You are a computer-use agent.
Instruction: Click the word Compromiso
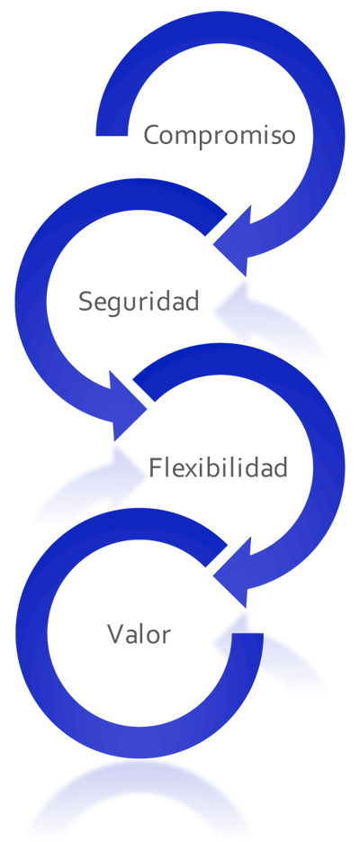coord(220,135)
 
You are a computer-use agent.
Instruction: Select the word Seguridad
coord(139,301)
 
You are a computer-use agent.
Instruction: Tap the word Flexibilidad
coord(218,467)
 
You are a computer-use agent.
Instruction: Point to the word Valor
coord(139,634)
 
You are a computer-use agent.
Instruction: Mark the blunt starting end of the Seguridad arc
coord(215,223)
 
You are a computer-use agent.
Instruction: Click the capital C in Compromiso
coord(152,135)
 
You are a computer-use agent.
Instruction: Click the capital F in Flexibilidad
coord(155,467)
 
